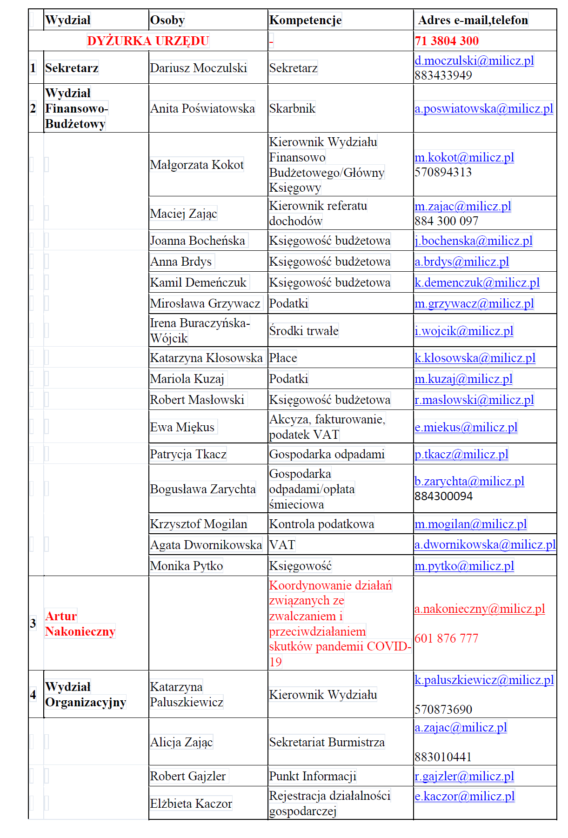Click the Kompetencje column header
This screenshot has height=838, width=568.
pos(305,20)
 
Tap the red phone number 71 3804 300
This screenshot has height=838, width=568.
pos(447,41)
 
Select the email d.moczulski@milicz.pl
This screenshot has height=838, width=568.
pos(474,60)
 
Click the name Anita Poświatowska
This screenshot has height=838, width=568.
pos(202,108)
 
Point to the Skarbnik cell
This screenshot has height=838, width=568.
pos(292,108)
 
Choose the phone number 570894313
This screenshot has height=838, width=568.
pos(443,172)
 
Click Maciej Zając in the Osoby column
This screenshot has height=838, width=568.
pos(183,214)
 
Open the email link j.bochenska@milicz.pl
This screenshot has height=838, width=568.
pos(474,241)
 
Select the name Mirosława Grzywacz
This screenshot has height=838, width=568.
pos(205,303)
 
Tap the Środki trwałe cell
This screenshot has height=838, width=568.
pos(304,331)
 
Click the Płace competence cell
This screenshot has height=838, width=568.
pos(283,358)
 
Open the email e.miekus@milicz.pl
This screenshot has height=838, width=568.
pos(466,427)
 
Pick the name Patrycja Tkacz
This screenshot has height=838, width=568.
pos(188,454)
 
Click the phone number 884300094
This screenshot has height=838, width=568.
pos(443,496)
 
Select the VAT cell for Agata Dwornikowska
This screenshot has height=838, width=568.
pos(282,545)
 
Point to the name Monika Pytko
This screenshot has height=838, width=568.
pos(186,566)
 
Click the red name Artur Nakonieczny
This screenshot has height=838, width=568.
pos(80,623)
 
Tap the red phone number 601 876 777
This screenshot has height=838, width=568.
pos(446,638)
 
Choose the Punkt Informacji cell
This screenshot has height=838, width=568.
pos(313,776)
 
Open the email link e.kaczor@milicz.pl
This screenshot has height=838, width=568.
pos(464,796)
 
